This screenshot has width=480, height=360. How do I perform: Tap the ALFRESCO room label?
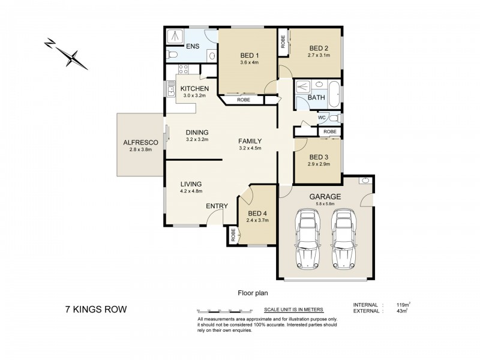[140, 142]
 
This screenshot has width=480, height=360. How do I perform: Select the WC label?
[322, 117]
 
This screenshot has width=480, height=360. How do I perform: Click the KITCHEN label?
[194, 88]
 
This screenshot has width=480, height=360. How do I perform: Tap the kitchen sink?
[171, 91]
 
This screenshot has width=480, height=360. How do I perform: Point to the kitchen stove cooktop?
[182, 72]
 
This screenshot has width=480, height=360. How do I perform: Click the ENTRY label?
[217, 206]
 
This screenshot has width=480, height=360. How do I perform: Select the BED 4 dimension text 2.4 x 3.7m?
[257, 220]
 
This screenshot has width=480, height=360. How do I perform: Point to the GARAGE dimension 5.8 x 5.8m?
[325, 204]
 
